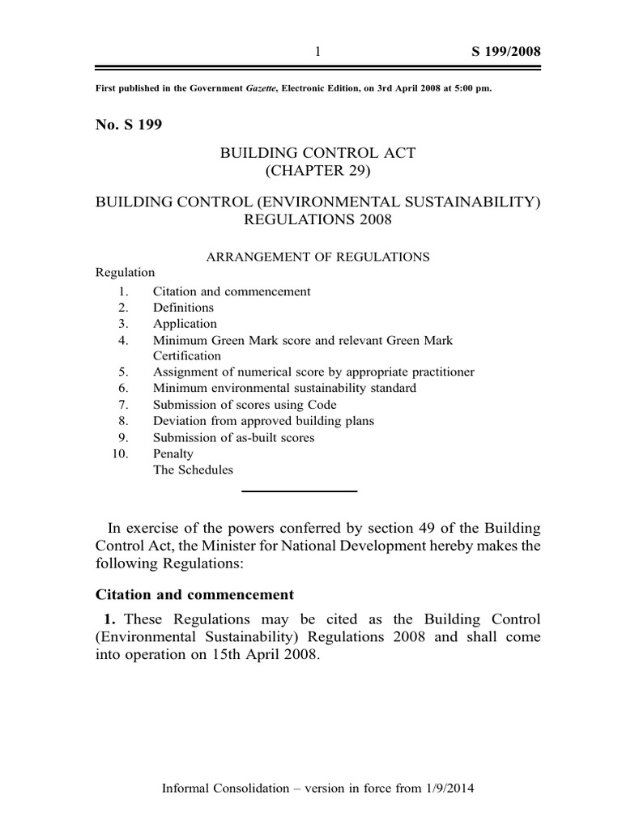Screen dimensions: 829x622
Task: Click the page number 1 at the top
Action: (x=318, y=52)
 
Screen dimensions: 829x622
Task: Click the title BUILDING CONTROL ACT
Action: (x=317, y=153)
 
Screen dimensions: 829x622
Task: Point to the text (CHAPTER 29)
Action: (x=317, y=170)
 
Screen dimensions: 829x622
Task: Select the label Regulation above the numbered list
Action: (x=126, y=273)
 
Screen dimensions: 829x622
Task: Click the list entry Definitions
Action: (x=184, y=308)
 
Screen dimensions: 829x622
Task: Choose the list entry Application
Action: (x=185, y=324)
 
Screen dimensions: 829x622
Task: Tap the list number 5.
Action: (x=122, y=372)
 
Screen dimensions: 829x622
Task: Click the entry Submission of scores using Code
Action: (x=245, y=405)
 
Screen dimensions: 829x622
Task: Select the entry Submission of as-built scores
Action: (x=234, y=437)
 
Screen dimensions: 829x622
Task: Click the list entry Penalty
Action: (x=173, y=453)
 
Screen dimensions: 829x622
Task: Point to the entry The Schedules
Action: (x=193, y=470)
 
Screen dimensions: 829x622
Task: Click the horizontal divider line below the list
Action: (x=300, y=491)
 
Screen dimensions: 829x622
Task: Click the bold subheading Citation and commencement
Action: (x=194, y=595)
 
